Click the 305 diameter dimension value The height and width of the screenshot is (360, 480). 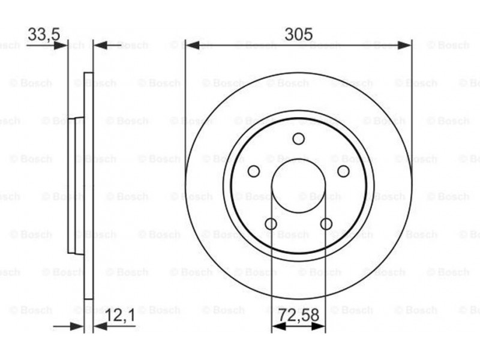tap(298, 34)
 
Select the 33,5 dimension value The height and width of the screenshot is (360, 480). tap(44, 34)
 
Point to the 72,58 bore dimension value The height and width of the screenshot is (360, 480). tap(299, 316)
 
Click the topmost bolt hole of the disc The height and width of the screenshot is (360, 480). tap(298, 139)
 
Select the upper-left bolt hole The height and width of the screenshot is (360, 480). tap(253, 172)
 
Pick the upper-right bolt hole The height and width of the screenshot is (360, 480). tap(343, 172)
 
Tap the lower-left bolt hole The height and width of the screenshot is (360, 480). tap(271, 224)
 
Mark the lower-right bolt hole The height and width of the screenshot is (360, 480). tap(326, 224)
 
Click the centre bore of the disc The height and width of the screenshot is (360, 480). tap(298, 186)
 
